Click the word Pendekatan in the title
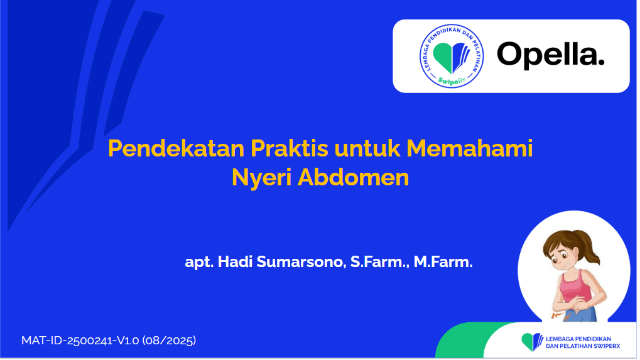pyautogui.click(x=176, y=148)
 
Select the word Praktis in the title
pyautogui.click(x=289, y=148)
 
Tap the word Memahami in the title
pyautogui.click(x=469, y=148)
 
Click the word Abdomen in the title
pyautogui.click(x=353, y=178)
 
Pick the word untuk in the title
pyautogui.click(x=367, y=148)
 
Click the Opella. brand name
pyautogui.click(x=550, y=55)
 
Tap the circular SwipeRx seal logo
pyautogui.click(x=452, y=56)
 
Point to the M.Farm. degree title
pyautogui.click(x=443, y=261)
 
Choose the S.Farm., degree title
pyautogui.click(x=379, y=262)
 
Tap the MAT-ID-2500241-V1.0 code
pyautogui.click(x=80, y=341)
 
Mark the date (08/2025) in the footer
pyautogui.click(x=169, y=341)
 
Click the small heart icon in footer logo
pyautogui.click(x=532, y=342)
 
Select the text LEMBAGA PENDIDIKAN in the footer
pyautogui.click(x=578, y=339)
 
